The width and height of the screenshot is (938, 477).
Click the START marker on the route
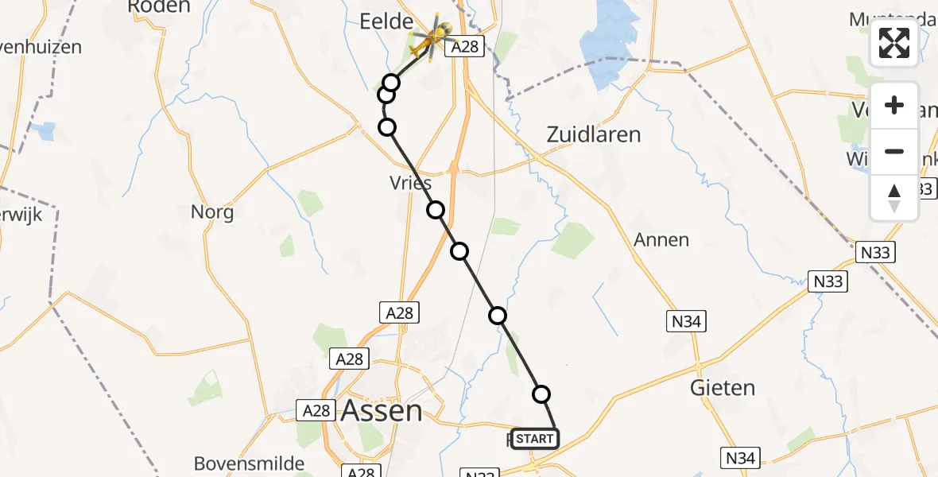tap(533, 438)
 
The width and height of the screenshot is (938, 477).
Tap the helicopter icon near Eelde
tap(432, 37)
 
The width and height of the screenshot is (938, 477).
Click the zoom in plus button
tap(894, 106)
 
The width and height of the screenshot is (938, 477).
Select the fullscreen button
tap(894, 43)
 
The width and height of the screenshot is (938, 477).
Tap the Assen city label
tap(382, 410)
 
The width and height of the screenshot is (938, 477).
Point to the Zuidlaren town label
tap(594, 134)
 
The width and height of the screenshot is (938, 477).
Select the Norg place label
tap(212, 212)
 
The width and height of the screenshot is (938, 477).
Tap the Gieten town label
tap(723, 388)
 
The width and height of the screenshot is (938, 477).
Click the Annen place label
tap(661, 239)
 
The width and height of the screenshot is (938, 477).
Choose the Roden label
tap(159, 6)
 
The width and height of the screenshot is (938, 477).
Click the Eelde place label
tap(386, 21)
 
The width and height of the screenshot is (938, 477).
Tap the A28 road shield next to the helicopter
tap(465, 48)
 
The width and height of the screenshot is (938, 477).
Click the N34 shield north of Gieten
tap(684, 320)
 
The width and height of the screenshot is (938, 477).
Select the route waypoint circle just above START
tap(541, 394)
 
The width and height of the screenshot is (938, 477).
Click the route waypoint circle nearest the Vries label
tap(436, 210)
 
